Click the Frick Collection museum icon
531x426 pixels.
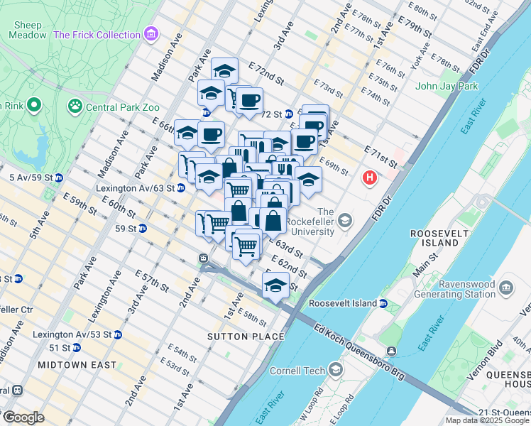(x=150, y=35)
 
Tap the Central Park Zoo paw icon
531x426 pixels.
(x=75, y=106)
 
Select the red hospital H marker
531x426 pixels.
(x=369, y=177)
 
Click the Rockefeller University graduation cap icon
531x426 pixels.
(x=345, y=221)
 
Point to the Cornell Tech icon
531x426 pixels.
(x=336, y=370)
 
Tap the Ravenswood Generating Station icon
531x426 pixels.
(x=505, y=288)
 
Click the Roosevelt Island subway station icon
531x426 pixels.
(x=383, y=303)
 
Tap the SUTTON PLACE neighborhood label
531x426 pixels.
(x=246, y=336)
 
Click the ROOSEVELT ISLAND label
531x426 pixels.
(x=434, y=238)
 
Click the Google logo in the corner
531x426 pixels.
(x=23, y=417)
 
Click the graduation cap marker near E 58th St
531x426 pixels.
(x=275, y=285)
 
